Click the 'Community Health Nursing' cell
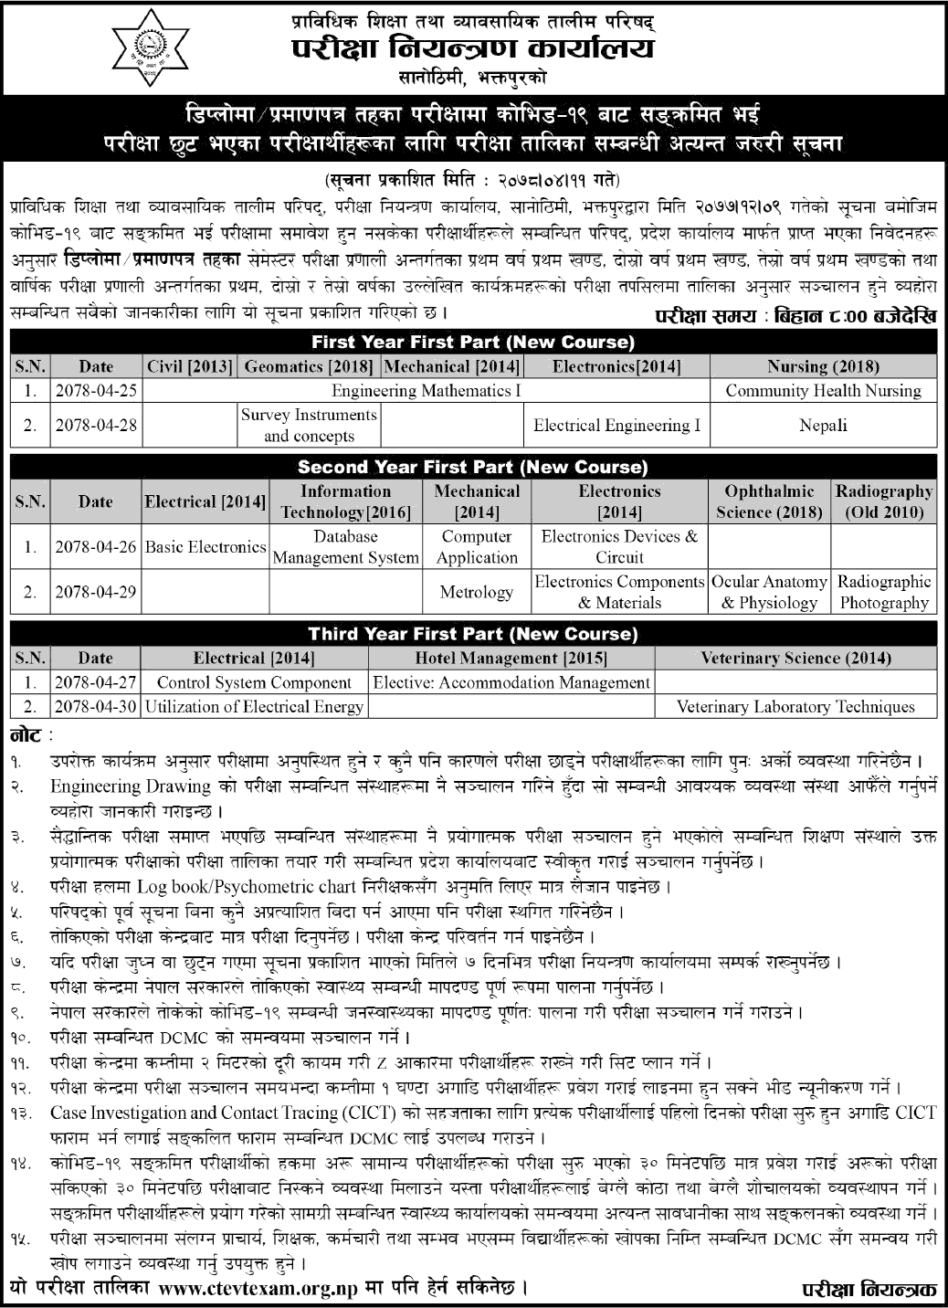(823, 391)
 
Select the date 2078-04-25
(95, 391)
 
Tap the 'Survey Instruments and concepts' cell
(309, 425)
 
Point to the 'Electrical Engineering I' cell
(617, 425)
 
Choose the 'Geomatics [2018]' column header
(309, 367)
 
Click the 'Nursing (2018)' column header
(823, 367)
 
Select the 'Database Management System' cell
(345, 547)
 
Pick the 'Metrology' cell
(476, 592)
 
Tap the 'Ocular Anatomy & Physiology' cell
(769, 592)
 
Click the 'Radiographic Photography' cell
(884, 592)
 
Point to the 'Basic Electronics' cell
(205, 547)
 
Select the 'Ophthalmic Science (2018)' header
(769, 501)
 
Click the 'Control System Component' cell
(254, 682)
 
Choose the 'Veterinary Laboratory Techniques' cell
(795, 706)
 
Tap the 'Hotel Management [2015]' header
(511, 658)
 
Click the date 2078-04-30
(95, 706)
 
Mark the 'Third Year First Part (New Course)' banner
(473, 634)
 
